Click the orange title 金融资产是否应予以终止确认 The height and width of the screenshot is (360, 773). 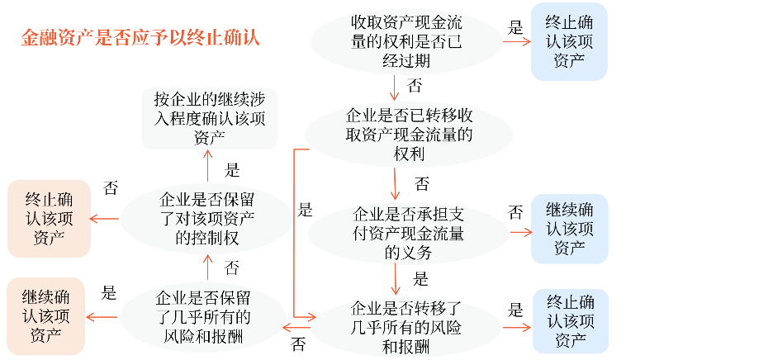click(x=140, y=38)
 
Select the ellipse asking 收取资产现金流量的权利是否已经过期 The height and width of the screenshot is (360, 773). click(x=407, y=40)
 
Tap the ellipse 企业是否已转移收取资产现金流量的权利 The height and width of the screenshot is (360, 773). click(x=409, y=133)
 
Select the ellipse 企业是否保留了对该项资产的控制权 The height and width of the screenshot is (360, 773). click(x=206, y=219)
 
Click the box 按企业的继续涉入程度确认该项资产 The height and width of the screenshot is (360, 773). click(x=209, y=118)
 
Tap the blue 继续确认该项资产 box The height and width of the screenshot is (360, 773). click(x=570, y=229)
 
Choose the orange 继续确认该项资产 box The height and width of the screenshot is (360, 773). click(x=46, y=316)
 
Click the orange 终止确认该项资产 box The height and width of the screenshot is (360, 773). click(x=48, y=218)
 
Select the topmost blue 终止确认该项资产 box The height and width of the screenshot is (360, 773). click(x=569, y=40)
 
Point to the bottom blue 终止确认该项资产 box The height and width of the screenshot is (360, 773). click(x=570, y=321)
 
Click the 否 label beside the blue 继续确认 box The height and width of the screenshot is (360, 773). click(x=515, y=213)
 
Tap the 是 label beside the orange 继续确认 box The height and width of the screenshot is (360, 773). click(x=108, y=293)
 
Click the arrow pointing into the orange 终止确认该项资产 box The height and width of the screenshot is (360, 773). click(x=104, y=219)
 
